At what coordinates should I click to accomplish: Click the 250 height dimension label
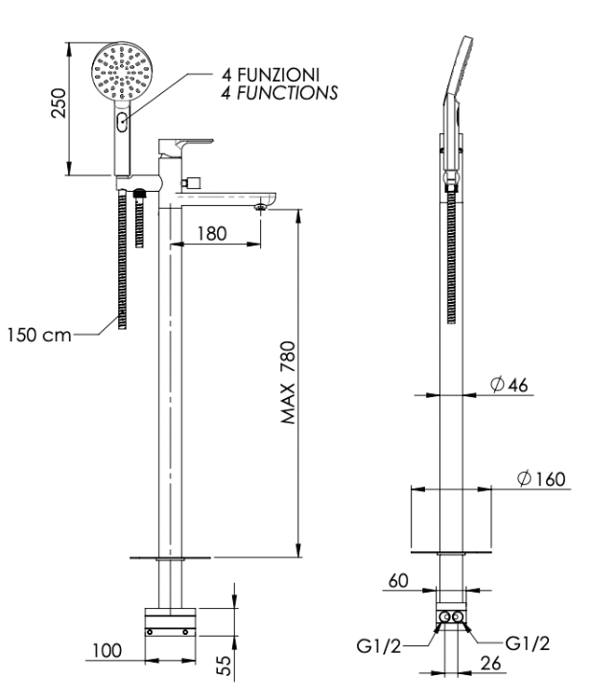[59, 104]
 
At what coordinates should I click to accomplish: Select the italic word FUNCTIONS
[287, 93]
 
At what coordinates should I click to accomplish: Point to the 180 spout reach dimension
[212, 233]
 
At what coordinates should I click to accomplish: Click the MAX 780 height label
[289, 383]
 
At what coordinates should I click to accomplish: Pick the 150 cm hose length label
[39, 335]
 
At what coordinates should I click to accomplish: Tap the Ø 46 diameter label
[509, 385]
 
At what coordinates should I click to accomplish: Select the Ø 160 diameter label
[541, 478]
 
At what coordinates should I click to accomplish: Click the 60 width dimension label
[398, 581]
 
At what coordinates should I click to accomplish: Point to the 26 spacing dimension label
[490, 664]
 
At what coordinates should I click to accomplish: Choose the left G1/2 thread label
[379, 646]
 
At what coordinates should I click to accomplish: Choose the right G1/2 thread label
[528, 643]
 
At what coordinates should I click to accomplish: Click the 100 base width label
[107, 651]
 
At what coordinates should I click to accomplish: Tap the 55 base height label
[226, 665]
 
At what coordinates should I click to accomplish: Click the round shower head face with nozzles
[122, 72]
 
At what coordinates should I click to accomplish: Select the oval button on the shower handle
[122, 122]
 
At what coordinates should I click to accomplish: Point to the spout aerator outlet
[261, 207]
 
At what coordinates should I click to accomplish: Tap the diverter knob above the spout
[191, 182]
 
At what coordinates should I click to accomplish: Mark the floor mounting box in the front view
[170, 622]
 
